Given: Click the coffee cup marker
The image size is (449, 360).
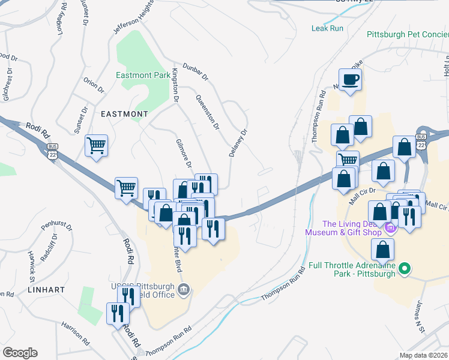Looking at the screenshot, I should (351, 80).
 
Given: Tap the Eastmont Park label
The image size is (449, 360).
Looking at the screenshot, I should (143, 76).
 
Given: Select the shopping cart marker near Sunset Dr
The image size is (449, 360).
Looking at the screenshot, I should (96, 146).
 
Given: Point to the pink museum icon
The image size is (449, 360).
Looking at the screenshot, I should (391, 227).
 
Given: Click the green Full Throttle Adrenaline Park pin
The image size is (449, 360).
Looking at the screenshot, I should (405, 269).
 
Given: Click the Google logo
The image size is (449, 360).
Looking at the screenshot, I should (20, 353).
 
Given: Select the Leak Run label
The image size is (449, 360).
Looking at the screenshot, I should (327, 28).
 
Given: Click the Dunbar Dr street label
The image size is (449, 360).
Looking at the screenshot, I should (195, 73).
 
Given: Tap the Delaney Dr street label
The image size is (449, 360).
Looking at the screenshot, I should (238, 143).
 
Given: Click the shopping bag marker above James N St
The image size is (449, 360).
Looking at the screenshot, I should (383, 249).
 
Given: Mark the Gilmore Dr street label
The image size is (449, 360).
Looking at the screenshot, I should (184, 154).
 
